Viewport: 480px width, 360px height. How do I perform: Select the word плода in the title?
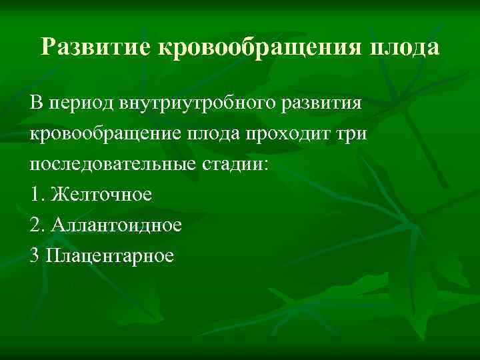409,47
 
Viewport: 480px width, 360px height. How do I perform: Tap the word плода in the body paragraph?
206,135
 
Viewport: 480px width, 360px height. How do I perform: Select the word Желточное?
101,195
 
